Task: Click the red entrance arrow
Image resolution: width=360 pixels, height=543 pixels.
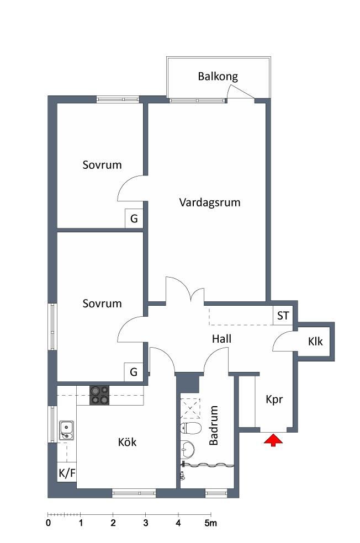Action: [x=273, y=440]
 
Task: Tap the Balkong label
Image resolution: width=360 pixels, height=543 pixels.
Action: [x=218, y=77]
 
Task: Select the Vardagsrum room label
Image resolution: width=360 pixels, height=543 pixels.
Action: [x=210, y=202]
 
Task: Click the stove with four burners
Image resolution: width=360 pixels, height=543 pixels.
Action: [x=99, y=395]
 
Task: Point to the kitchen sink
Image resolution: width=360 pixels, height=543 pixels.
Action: [x=66, y=430]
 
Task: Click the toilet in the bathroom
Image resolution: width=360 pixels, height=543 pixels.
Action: [x=191, y=428]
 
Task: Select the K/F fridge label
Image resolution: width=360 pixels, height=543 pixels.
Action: [x=67, y=473]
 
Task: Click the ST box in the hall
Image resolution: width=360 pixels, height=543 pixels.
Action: [x=283, y=316]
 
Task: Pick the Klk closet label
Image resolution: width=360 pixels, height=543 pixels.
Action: [x=315, y=342]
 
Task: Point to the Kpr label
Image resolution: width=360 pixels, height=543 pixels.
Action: [x=274, y=400]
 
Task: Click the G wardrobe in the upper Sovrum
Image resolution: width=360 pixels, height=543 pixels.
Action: [x=134, y=219]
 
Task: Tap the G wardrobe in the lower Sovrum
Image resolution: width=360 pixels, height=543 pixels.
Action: [x=134, y=372]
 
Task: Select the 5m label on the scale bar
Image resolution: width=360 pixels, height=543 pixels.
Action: [x=210, y=523]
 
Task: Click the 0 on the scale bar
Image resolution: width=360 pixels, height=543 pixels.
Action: [x=48, y=523]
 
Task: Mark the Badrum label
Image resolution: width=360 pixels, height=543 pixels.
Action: [x=214, y=425]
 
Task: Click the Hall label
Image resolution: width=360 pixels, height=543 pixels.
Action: [x=222, y=339]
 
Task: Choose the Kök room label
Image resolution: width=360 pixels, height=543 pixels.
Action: [x=127, y=442]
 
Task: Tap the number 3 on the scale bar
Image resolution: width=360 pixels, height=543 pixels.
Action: [x=146, y=523]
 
